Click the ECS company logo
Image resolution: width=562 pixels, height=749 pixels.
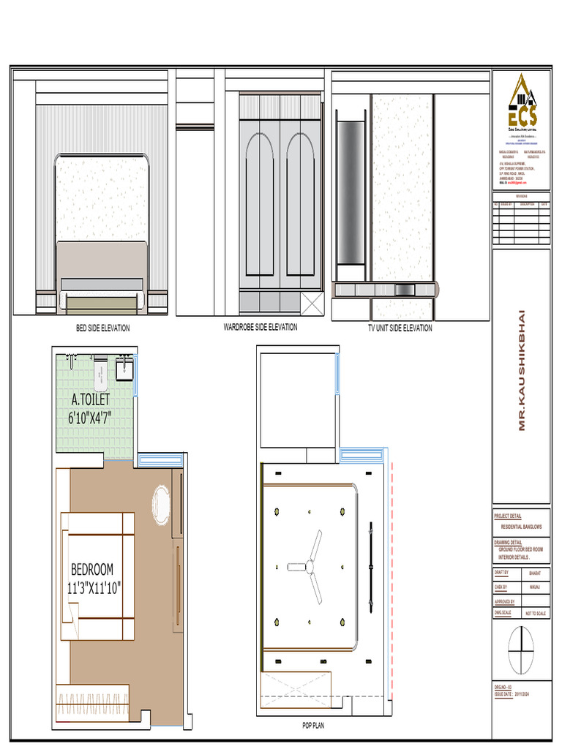[x=522, y=102]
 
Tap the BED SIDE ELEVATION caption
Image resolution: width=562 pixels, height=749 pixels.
[x=103, y=328]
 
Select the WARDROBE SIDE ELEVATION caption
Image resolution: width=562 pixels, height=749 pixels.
[x=261, y=327]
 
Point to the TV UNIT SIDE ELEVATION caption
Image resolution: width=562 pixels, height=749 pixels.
[x=400, y=328]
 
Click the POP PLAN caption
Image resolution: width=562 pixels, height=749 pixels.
[x=313, y=726]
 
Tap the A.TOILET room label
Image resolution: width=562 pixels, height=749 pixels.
[x=91, y=399]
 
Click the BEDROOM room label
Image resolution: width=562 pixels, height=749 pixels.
[x=92, y=569]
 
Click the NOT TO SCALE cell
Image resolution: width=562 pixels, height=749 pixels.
[x=536, y=614]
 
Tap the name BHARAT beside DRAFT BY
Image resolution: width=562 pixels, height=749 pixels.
[x=535, y=574]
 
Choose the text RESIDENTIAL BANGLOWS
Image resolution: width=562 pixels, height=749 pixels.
[x=522, y=527]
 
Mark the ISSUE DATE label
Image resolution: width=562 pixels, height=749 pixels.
[x=505, y=693]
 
